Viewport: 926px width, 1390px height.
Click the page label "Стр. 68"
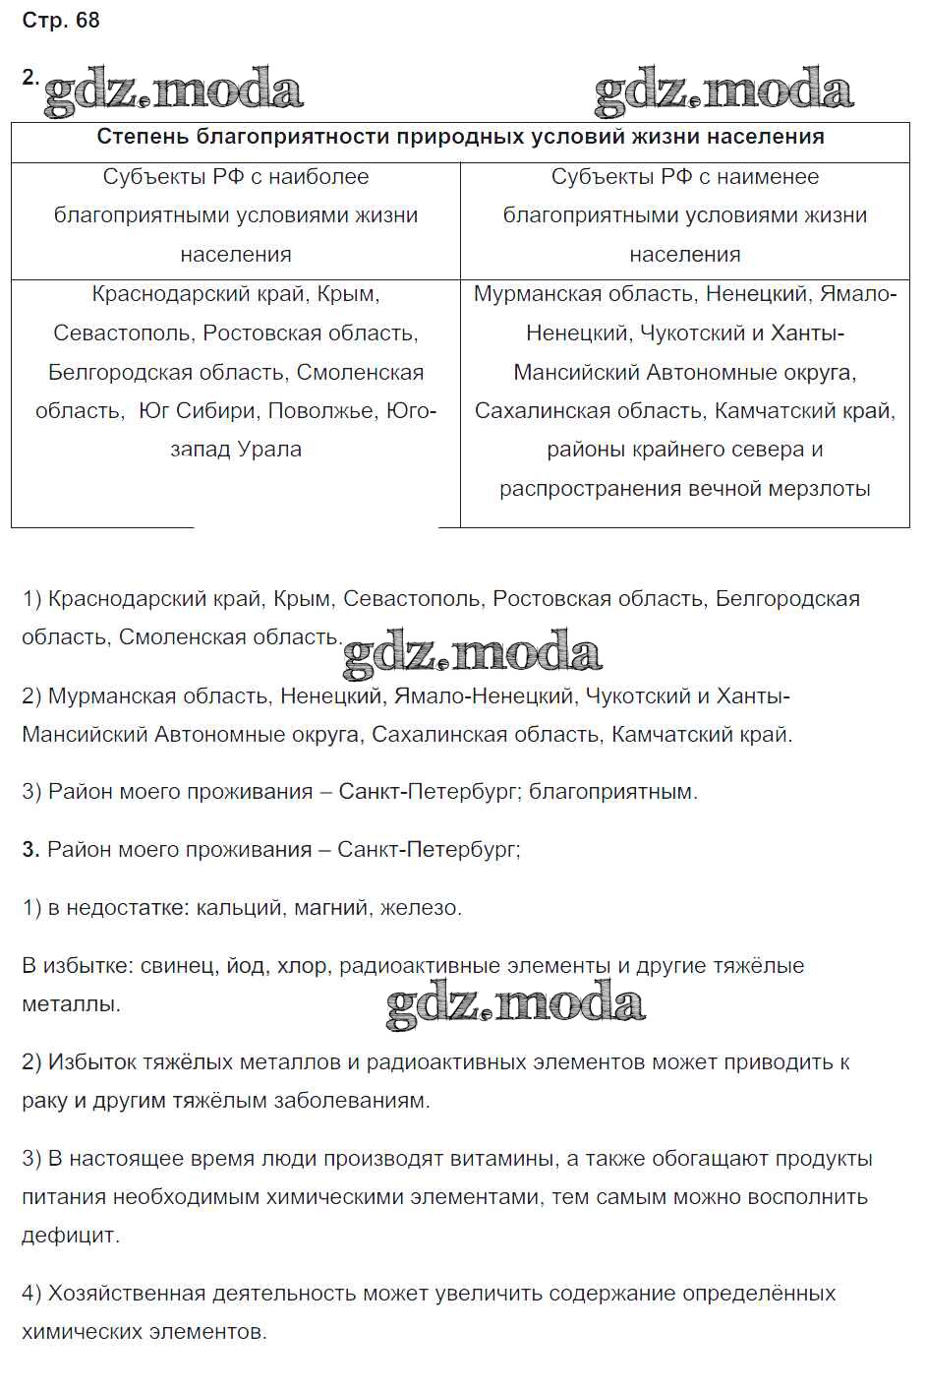pyautogui.click(x=61, y=21)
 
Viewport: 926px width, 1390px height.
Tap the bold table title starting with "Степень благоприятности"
pyautogui.click(x=460, y=137)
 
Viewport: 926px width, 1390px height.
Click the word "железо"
pyautogui.click(x=420, y=908)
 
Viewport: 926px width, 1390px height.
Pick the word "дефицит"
pyautogui.click(x=69, y=1236)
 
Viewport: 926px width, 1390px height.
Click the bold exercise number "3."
pyautogui.click(x=30, y=850)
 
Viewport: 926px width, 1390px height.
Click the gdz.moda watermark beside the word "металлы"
pyautogui.click(x=515, y=1002)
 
